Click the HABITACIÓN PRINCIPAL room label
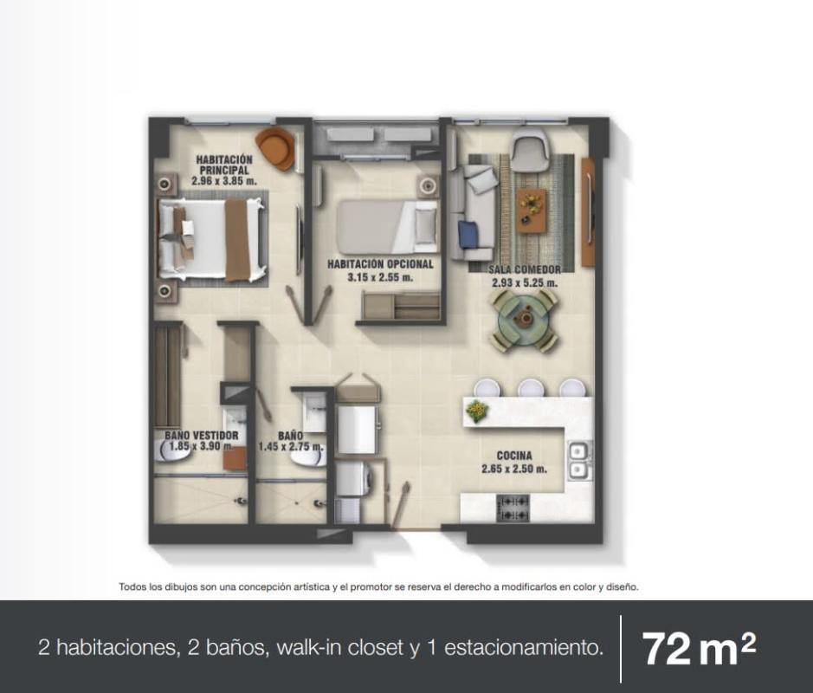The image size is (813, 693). pyautogui.click(x=224, y=165)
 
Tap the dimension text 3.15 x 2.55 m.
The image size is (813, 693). pyautogui.click(x=381, y=277)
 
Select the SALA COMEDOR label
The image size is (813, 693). pyautogui.click(x=524, y=269)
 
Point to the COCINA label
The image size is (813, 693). pyautogui.click(x=514, y=456)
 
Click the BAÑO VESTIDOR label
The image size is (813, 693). pyautogui.click(x=202, y=436)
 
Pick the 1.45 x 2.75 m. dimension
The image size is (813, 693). pyautogui.click(x=292, y=447)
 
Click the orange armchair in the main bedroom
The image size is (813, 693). pyautogui.click(x=276, y=148)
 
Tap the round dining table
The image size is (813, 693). pyautogui.click(x=525, y=321)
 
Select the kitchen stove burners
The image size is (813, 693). pyautogui.click(x=513, y=508)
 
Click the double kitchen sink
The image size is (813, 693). pyautogui.click(x=580, y=461)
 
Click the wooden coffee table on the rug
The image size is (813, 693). pyautogui.click(x=532, y=211)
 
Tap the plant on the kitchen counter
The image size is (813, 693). pyautogui.click(x=476, y=411)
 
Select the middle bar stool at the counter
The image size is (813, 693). pyautogui.click(x=531, y=388)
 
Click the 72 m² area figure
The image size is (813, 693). pyautogui.click(x=699, y=649)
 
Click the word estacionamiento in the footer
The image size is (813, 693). pyautogui.click(x=524, y=648)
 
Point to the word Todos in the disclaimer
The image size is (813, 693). pyautogui.click(x=132, y=587)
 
